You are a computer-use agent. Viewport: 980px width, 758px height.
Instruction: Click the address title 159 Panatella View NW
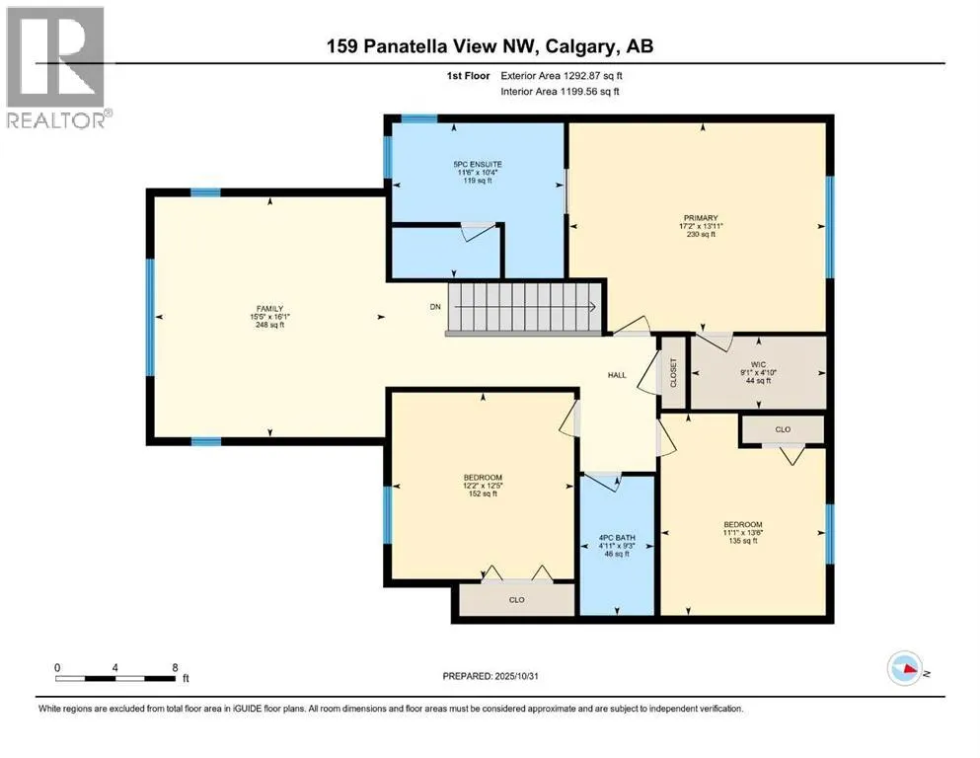point(489,45)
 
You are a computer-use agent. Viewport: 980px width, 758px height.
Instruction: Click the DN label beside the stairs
point(435,307)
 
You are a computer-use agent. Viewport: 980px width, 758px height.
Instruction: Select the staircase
point(524,307)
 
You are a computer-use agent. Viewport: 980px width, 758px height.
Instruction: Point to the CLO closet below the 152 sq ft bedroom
point(517,598)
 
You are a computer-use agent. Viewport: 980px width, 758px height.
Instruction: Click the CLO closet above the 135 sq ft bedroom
point(783,429)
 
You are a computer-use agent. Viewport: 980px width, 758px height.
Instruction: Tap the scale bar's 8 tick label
point(175,668)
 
